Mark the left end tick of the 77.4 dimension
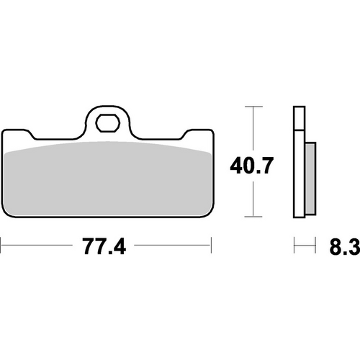[1, 248]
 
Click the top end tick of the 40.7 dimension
[251, 107]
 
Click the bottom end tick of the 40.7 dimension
[251, 217]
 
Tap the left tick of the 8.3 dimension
[294, 248]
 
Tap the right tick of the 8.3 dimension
[316, 248]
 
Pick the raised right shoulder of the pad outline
[198, 131]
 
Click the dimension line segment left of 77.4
[40, 248]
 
